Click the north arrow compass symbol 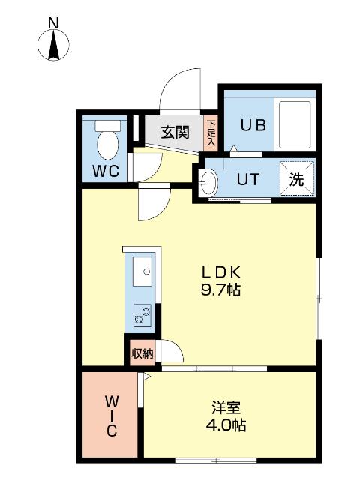(x=53, y=46)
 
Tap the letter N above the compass (x=53, y=23)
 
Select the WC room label (x=106, y=171)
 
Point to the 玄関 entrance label (x=175, y=133)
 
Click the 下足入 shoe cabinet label (x=211, y=133)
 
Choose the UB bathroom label (x=253, y=125)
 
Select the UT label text (x=248, y=180)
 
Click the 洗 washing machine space (x=297, y=180)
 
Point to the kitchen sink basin (x=142, y=271)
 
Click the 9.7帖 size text (x=219, y=290)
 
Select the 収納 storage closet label (x=142, y=353)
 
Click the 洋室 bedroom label (x=225, y=408)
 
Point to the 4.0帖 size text (x=225, y=425)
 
